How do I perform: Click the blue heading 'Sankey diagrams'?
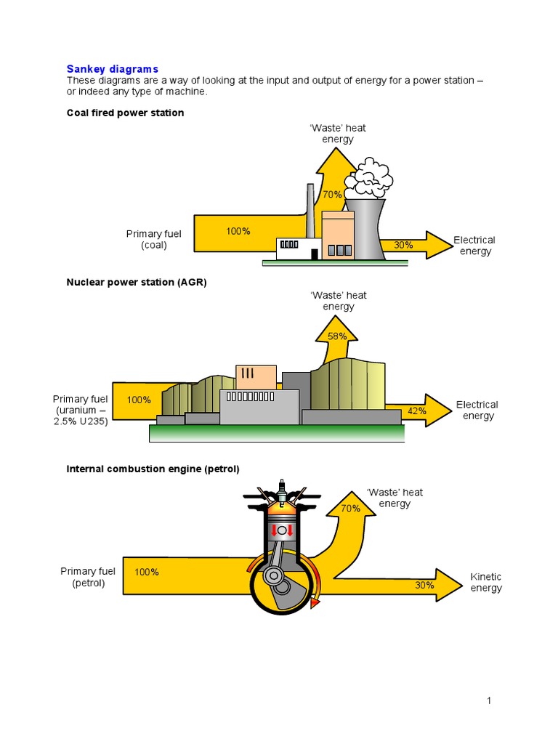click(112, 69)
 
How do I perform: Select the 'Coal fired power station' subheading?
click(125, 113)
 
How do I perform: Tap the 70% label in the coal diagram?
click(332, 195)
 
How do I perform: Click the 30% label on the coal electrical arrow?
click(403, 245)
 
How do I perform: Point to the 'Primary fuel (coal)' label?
click(154, 239)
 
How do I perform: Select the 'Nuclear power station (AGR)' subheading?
click(137, 282)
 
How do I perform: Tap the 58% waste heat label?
click(337, 336)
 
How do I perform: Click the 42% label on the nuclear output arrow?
click(417, 411)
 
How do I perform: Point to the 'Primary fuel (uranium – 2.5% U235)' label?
click(80, 411)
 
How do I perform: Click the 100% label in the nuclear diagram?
click(139, 400)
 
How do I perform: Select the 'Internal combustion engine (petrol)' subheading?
click(153, 469)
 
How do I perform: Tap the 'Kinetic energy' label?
click(485, 582)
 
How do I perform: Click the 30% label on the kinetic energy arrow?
click(425, 585)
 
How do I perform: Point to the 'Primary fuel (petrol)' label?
click(88, 577)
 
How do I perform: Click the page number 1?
click(489, 700)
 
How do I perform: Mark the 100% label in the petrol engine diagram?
click(146, 572)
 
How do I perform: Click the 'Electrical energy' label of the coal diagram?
click(474, 246)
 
